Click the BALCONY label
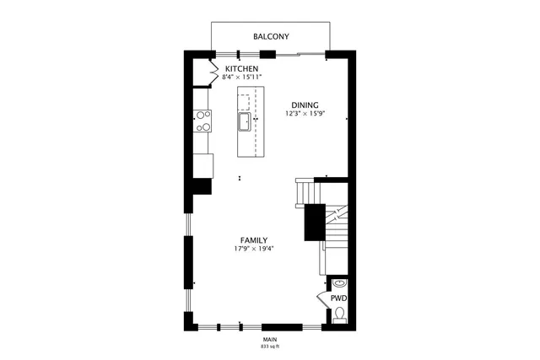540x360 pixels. [x=271, y=36]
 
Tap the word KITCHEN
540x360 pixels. [x=240, y=68]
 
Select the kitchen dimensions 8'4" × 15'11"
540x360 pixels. [x=242, y=78]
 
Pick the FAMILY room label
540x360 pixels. [x=254, y=240]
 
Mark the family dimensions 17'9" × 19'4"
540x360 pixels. [x=254, y=249]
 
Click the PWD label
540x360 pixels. [x=337, y=298]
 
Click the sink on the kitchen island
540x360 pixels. [x=244, y=122]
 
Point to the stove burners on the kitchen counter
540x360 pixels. [x=203, y=121]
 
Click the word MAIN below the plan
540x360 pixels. [x=270, y=339]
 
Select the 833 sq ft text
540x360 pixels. [x=270, y=347]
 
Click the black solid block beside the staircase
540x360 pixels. [x=315, y=223]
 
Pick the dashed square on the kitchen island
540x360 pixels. [x=244, y=103]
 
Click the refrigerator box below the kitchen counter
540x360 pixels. [x=203, y=165]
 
